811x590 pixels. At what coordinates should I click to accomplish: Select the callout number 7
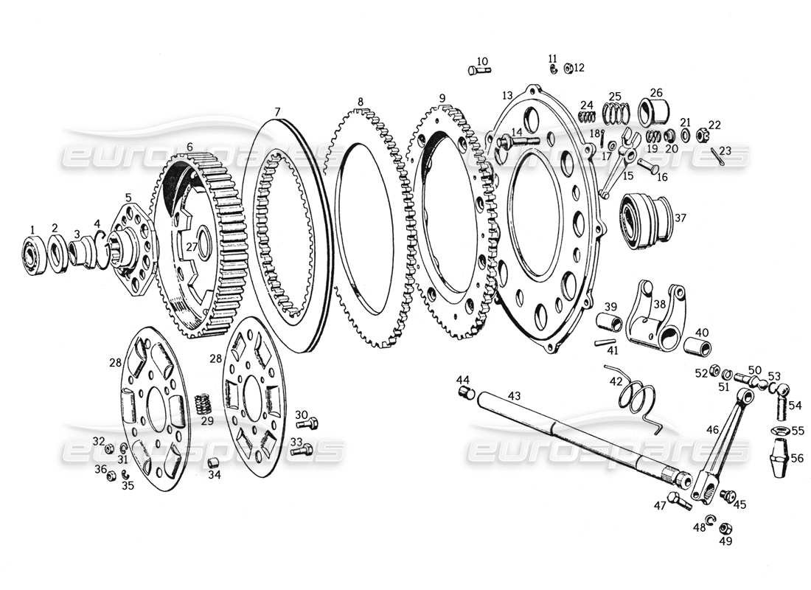pos(277,111)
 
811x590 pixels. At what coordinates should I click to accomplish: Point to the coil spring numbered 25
pos(615,112)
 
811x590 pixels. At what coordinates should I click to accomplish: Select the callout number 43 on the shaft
pos(515,396)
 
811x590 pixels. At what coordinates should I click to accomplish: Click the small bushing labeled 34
pos(215,463)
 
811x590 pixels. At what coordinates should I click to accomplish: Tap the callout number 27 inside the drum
pos(192,248)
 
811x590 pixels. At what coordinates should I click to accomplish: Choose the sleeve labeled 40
pos(697,346)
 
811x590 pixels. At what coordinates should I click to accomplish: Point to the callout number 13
pos(507,95)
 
